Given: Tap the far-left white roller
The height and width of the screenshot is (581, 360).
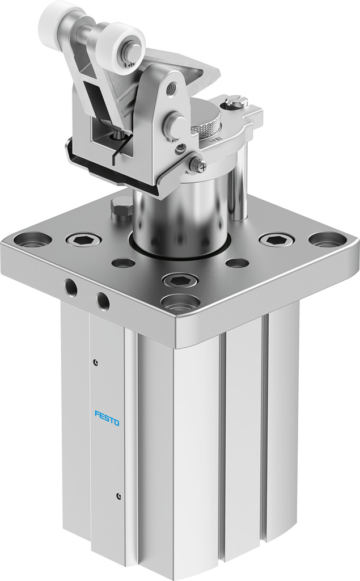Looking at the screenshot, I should coord(55,17).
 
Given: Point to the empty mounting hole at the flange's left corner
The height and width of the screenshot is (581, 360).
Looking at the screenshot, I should coord(32,239).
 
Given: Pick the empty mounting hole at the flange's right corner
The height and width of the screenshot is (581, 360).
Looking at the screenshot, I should coord(327,239).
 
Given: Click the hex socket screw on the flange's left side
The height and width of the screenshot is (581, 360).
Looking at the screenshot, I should coord(83,239).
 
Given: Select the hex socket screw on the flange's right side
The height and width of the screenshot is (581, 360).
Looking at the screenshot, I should coord(276,239).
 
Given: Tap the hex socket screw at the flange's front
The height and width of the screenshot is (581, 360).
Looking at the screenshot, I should coord(180,280).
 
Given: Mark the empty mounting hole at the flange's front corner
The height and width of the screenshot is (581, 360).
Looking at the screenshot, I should coord(180,302).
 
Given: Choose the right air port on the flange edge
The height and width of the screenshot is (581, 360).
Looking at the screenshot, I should coord(103,300).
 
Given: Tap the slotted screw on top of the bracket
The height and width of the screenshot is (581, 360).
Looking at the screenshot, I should coord(236,103).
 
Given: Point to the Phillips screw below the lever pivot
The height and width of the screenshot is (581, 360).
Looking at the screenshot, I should coord(198,165).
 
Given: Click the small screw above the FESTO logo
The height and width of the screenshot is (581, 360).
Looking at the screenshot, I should coord(96,362).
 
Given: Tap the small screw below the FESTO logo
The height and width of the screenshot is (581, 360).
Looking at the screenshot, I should coord(118,496).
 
